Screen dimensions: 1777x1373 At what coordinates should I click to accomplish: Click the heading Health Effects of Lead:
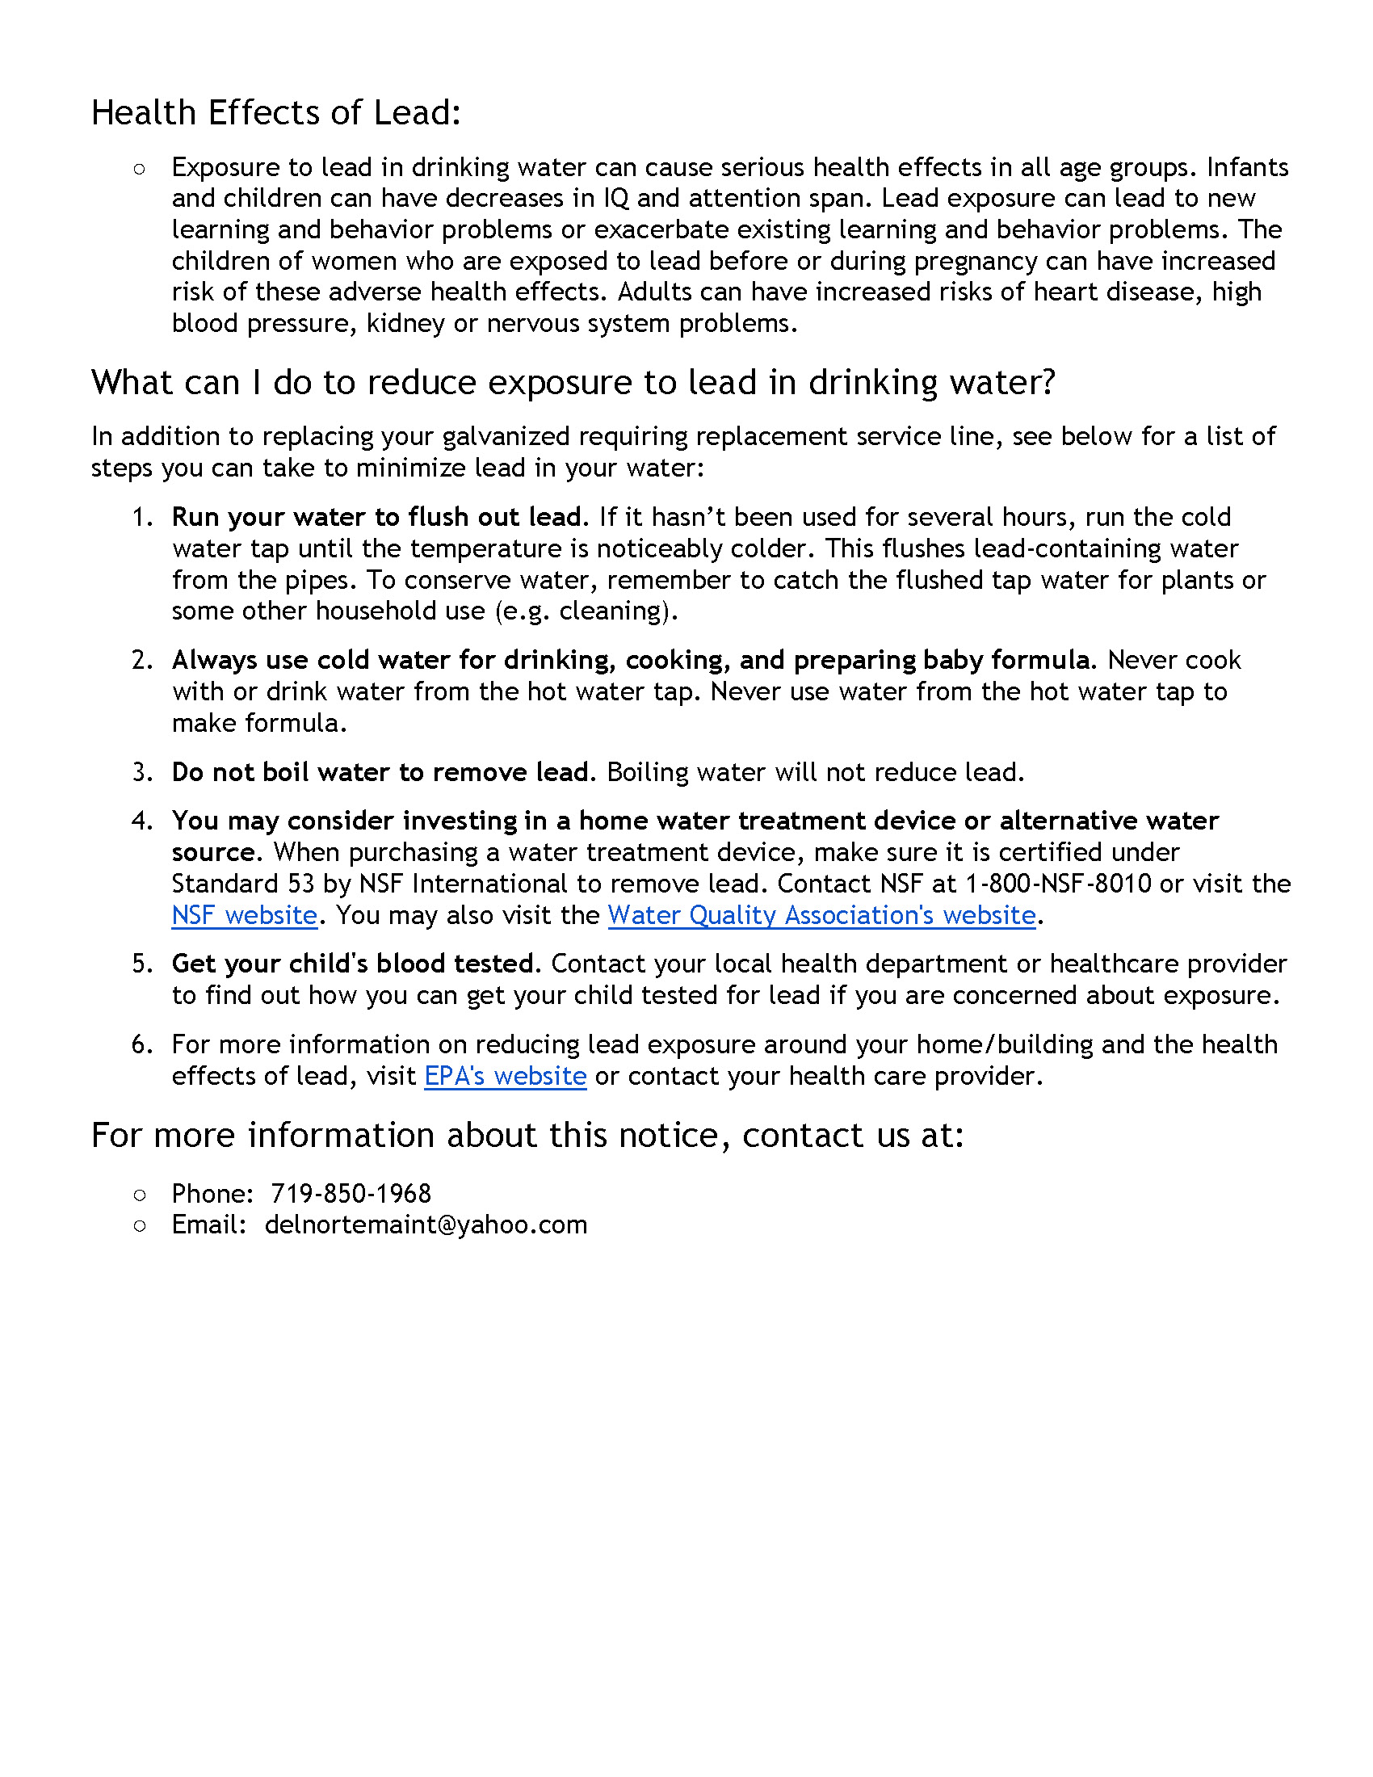[275, 113]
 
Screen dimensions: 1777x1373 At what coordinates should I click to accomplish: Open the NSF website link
[244, 915]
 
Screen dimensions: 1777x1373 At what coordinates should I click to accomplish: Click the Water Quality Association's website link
[821, 915]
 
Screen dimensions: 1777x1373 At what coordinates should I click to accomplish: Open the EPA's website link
[505, 1076]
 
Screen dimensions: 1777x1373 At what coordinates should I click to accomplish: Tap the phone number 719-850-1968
[351, 1194]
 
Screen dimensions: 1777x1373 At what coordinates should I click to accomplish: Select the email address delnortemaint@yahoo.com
[426, 1225]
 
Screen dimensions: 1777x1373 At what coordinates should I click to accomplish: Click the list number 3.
[141, 772]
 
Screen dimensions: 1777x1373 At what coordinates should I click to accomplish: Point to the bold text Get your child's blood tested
[355, 964]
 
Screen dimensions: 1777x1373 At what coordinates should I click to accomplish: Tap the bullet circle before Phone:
[140, 1195]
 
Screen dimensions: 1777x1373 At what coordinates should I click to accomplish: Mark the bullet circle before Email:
[140, 1225]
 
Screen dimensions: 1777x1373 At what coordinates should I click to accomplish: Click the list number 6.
[141, 1044]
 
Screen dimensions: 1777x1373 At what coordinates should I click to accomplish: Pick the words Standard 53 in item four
[242, 884]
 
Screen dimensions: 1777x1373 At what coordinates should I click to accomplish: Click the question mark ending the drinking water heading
[1048, 382]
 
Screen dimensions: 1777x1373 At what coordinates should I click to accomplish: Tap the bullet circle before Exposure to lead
[140, 169]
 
